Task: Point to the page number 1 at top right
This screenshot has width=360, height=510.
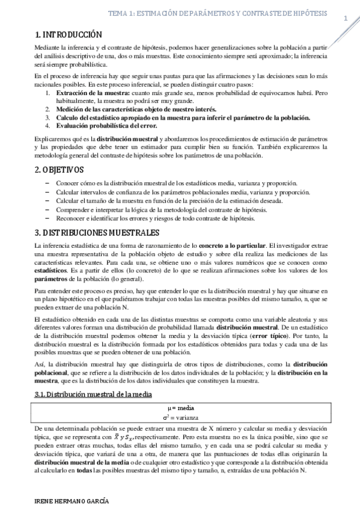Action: (346, 19)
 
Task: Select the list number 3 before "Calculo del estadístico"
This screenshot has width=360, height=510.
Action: (48, 117)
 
